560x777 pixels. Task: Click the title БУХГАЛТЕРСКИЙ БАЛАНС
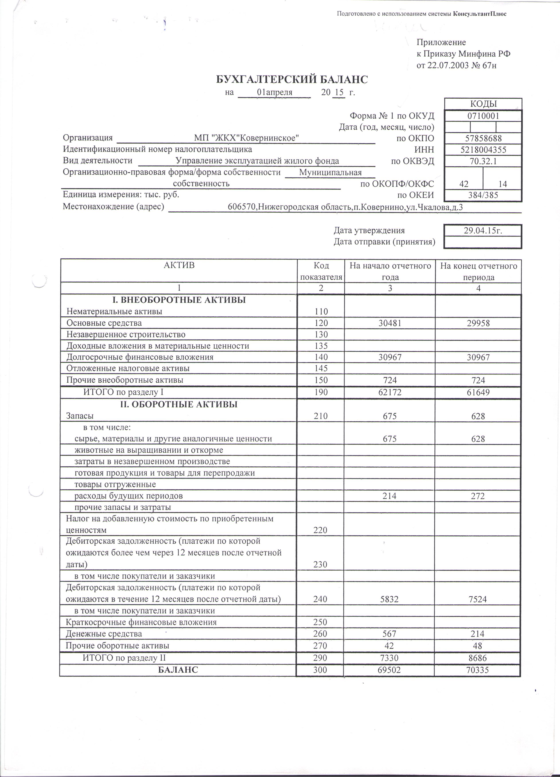coord(292,80)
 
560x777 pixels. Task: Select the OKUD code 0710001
coord(483,116)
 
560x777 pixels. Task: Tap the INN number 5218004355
coord(483,150)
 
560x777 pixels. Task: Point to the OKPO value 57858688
coord(483,138)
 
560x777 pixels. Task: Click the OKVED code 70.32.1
coord(483,161)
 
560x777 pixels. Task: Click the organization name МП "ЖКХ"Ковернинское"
coord(247,138)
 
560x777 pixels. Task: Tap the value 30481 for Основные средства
coord(390,323)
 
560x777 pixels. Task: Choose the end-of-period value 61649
coord(478,392)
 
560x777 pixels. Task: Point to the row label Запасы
coord(80,416)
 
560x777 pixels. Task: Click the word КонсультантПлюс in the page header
coord(480,14)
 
